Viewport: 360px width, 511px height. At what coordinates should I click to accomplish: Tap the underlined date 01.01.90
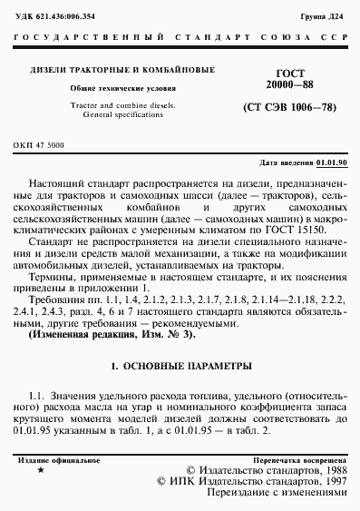pyautogui.click(x=330, y=162)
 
